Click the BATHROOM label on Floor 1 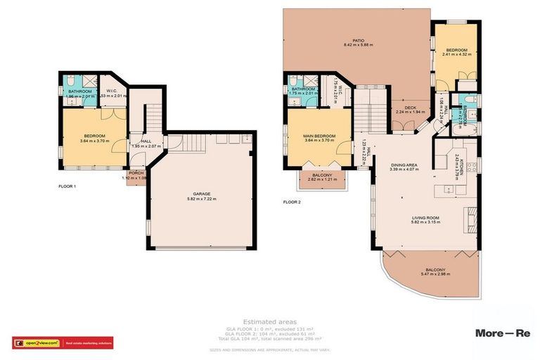[79, 91]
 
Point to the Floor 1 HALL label [146, 141]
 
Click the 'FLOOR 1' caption [67, 187]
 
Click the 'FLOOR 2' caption [292, 202]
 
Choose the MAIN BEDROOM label [318, 136]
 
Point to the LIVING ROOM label [425, 218]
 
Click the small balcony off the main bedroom [322, 178]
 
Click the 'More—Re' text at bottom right [503, 333]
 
